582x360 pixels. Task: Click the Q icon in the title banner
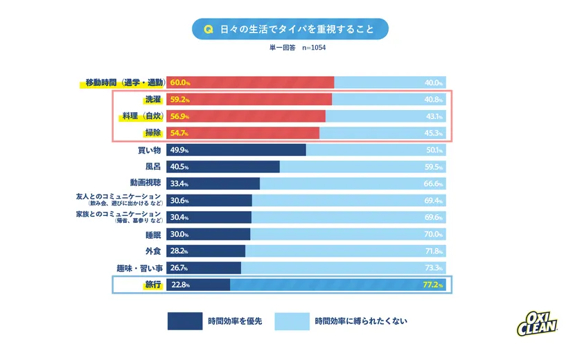point(206,30)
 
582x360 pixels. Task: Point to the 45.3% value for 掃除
point(434,133)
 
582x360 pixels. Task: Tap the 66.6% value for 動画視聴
point(434,184)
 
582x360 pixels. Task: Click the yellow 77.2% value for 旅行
point(432,285)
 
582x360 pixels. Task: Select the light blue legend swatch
point(291,321)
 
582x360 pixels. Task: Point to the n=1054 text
point(314,48)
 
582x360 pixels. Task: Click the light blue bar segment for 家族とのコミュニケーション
point(346,217)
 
